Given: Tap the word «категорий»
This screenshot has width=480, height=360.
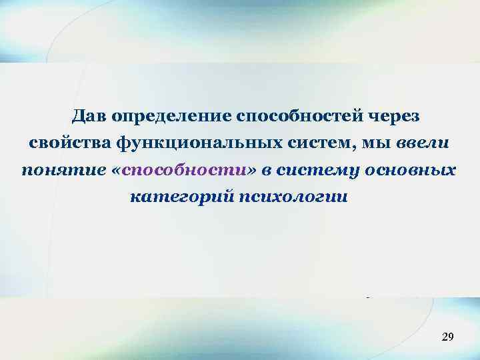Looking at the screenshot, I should [x=169, y=197].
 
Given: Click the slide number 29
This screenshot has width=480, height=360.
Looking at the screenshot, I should [x=447, y=338].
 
